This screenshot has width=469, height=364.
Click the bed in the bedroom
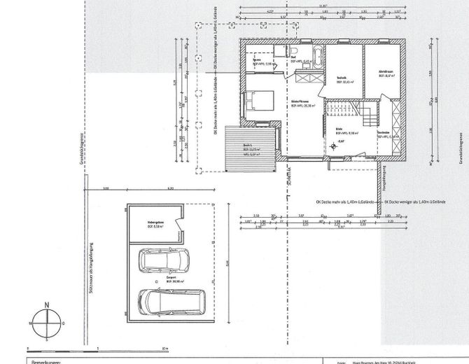258,102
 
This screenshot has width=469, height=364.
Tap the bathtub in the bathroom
316,57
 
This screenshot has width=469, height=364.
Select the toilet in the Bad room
294,52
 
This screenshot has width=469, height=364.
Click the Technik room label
342,79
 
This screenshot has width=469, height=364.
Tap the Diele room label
339,129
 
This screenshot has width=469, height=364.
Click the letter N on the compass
46,304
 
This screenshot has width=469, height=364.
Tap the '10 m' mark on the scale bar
164,348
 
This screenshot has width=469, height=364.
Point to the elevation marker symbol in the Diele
332,143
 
